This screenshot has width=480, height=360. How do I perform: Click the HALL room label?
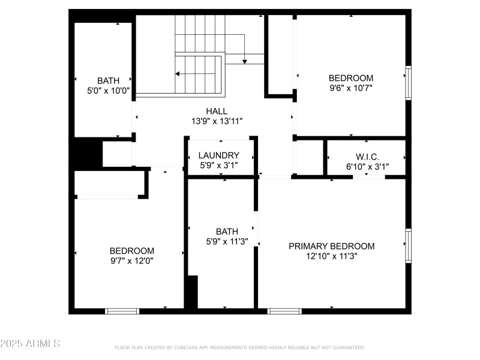(x=216, y=111)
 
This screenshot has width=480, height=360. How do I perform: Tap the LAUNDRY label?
(x=218, y=155)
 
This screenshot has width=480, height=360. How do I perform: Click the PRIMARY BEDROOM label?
(x=331, y=246)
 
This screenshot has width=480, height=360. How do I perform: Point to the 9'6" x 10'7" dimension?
(x=351, y=88)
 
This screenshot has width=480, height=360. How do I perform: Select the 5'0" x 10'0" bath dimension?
(x=108, y=91)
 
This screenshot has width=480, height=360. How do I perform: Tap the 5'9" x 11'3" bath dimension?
(x=227, y=241)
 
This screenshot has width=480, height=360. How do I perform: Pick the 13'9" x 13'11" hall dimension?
(x=216, y=121)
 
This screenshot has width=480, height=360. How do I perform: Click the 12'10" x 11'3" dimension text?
(x=331, y=256)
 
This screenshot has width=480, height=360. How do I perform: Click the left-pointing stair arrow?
(x=178, y=74)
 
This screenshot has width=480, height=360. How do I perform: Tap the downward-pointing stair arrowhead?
(x=245, y=61)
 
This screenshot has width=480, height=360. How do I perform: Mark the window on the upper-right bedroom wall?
(x=408, y=82)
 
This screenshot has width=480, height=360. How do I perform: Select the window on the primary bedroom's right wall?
(x=408, y=245)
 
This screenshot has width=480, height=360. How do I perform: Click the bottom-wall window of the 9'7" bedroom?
(x=122, y=311)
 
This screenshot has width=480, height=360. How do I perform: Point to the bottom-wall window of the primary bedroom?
(x=284, y=311)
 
